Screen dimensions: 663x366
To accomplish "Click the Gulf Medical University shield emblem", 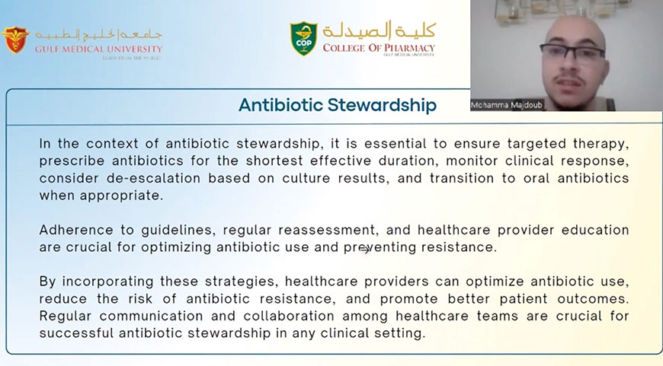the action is coord(16,40).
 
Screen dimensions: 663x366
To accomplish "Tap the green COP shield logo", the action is coord(303,38).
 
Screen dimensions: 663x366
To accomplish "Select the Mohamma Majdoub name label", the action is coord(507,105).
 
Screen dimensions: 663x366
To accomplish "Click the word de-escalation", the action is coord(153,178).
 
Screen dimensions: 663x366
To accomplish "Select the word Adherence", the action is coord(76,230).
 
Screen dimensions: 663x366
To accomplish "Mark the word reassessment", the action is coord(327,230).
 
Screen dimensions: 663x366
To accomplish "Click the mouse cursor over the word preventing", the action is coord(364,250).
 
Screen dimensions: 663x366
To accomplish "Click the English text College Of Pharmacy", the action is coord(379,48).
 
